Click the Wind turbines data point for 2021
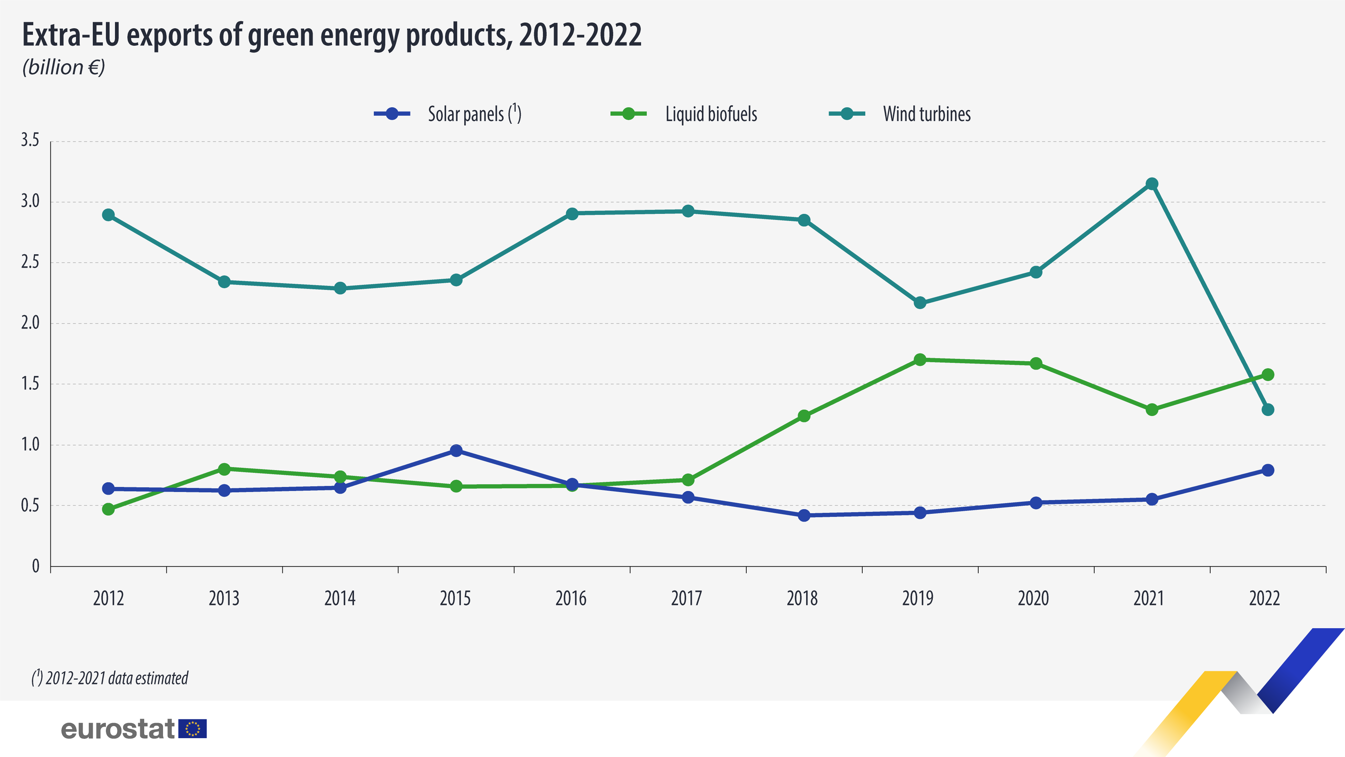click(1152, 184)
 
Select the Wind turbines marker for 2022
click(1268, 410)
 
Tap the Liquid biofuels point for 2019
click(920, 359)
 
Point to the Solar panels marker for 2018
click(804, 515)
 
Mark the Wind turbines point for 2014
click(340, 289)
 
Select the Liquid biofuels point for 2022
click(1268, 375)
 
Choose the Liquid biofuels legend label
click(711, 114)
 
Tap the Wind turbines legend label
click(927, 114)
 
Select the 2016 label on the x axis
click(571, 598)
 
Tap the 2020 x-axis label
click(1033, 598)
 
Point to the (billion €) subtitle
click(64, 67)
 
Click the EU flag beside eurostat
click(193, 729)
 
